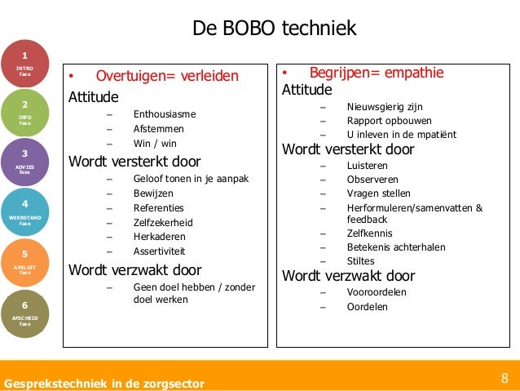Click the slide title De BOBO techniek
(x=275, y=29)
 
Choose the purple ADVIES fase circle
(x=24, y=162)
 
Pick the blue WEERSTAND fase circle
(x=24, y=211)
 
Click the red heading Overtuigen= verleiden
(x=167, y=77)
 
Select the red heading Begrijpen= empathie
(x=376, y=73)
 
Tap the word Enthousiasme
(x=165, y=114)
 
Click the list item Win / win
(x=153, y=144)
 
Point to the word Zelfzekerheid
(x=163, y=222)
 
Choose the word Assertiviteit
(x=161, y=251)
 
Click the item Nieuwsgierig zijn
(x=385, y=106)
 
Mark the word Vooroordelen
(x=377, y=291)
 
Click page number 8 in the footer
(x=505, y=378)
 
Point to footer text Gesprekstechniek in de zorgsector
(x=104, y=383)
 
